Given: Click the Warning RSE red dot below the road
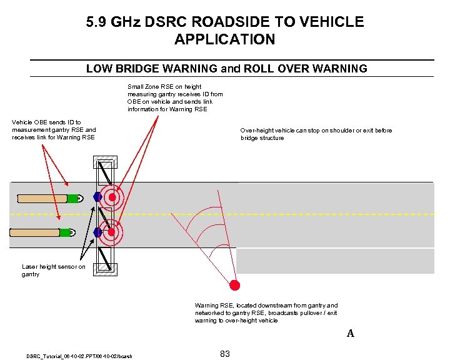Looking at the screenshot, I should pos(235,286).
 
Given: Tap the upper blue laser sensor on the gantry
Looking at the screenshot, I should pos(97,197).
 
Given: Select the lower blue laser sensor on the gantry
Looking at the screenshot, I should pos(97,232).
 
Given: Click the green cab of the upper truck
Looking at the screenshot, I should pos(74,198).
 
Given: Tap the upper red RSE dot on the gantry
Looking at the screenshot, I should pos(112,197).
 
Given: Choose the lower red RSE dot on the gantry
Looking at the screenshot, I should pos(112,233).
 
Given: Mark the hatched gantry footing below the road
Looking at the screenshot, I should pos(104,269).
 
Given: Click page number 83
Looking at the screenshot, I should pos(225,354).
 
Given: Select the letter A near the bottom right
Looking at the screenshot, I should pos(351,334).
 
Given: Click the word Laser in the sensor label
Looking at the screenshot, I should pos(30,267).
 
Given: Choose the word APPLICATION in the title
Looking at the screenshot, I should pos(224,39).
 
